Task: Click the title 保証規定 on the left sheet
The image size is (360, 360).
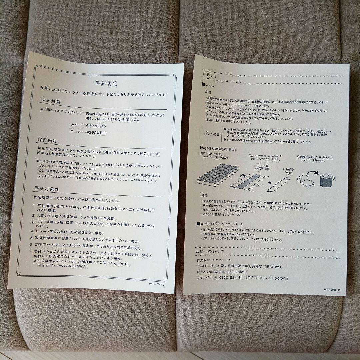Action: pyautogui.click(x=106, y=83)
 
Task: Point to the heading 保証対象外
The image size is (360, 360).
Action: pyautogui.click(x=47, y=188)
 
